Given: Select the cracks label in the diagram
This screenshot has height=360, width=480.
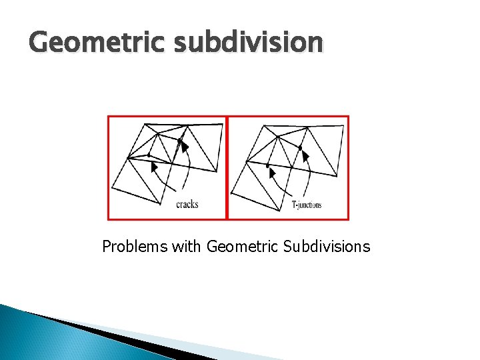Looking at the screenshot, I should (x=187, y=205).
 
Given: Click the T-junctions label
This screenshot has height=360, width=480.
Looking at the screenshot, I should (x=307, y=205).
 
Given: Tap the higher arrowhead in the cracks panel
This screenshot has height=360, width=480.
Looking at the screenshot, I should (x=185, y=145).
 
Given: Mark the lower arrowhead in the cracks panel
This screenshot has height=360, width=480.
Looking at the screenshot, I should (x=155, y=167).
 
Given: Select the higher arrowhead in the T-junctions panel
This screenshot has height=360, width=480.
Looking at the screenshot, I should (x=305, y=156).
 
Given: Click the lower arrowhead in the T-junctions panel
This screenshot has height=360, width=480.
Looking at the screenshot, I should (x=271, y=172).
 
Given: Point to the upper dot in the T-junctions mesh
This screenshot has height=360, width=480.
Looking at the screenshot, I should (x=300, y=147).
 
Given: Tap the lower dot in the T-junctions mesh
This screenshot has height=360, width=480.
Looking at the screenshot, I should (x=267, y=165).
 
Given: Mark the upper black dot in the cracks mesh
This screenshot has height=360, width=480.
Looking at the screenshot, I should (x=179, y=140).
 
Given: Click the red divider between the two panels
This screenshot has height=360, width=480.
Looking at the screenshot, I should (x=227, y=167).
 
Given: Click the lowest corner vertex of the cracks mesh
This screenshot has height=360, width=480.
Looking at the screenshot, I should (x=160, y=204).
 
